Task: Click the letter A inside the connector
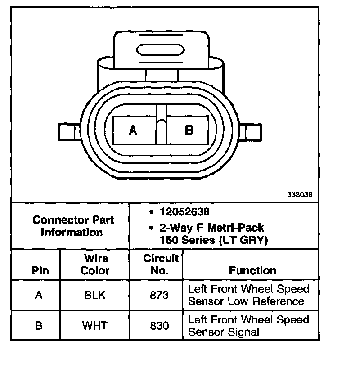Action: tap(133, 130)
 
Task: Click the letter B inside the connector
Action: tap(189, 130)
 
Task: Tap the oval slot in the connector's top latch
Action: tap(160, 49)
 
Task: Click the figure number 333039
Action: tap(300, 195)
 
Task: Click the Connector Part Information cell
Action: tap(73, 226)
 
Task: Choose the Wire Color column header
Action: tap(96, 265)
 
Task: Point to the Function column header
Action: tap(252, 270)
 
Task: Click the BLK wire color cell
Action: tap(95, 295)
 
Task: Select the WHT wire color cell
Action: tap(95, 325)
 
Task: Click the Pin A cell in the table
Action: tap(38, 295)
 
